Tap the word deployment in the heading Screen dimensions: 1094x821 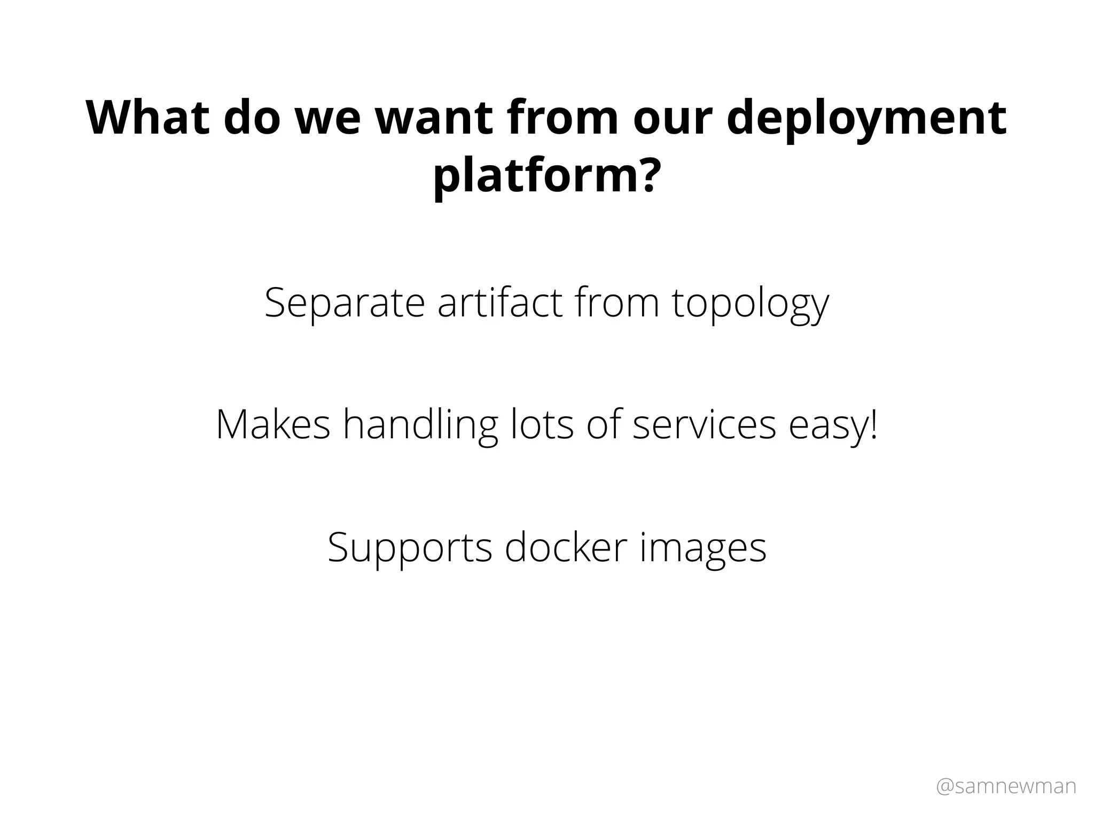point(866,120)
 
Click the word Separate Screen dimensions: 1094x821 point(345,304)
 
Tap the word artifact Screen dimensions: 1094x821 point(500,303)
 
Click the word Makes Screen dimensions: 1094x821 point(273,424)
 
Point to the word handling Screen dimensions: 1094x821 point(420,427)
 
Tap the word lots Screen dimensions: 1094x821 point(542,424)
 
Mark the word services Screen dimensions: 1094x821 point(704,424)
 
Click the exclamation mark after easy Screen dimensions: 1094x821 point(873,424)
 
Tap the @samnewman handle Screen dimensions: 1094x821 point(1006,786)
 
